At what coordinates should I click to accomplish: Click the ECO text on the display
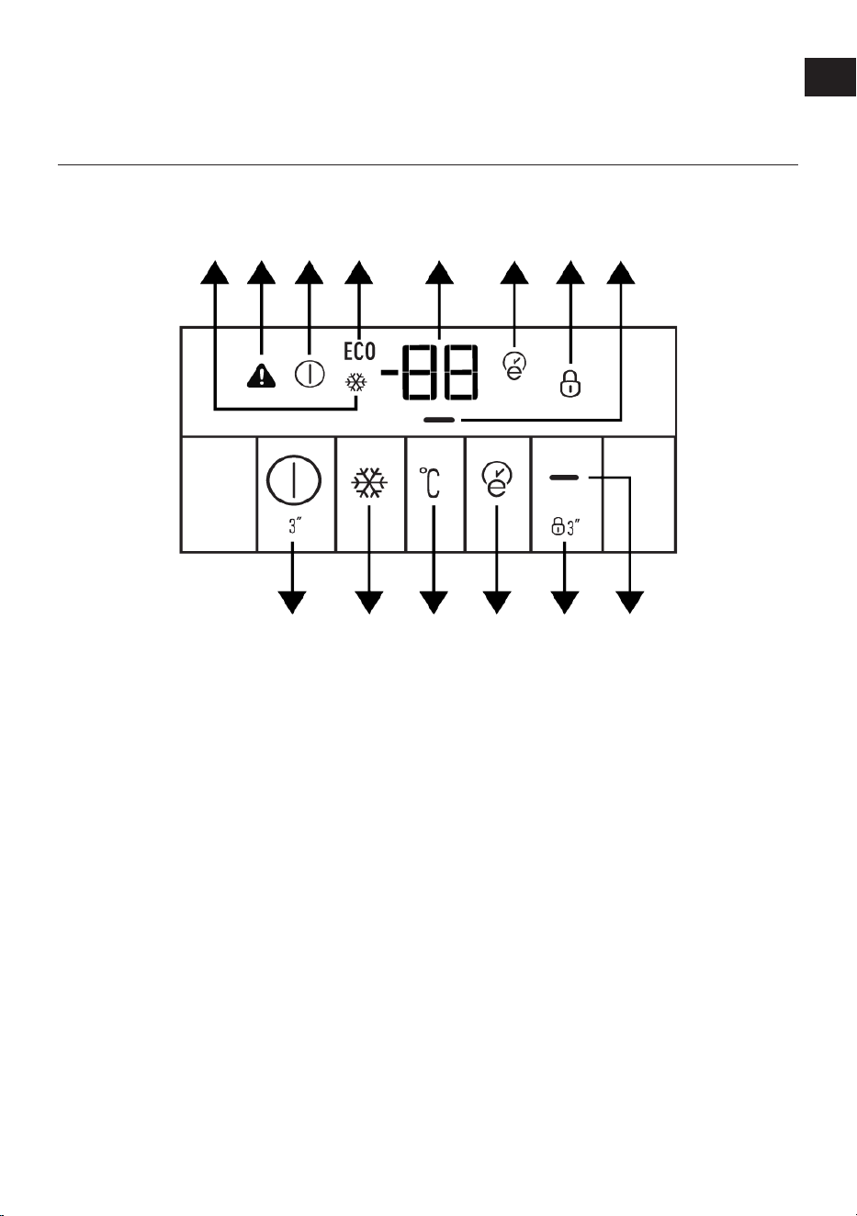click(x=359, y=351)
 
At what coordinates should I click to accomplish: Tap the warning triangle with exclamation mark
click(x=261, y=376)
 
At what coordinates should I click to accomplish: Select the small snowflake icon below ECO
click(x=356, y=383)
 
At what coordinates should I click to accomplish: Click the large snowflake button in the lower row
click(x=369, y=482)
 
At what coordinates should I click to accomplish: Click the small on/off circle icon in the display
click(x=310, y=374)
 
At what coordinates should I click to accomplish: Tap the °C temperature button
click(x=430, y=482)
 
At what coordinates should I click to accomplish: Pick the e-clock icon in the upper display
click(x=514, y=366)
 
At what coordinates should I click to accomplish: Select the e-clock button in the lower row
click(x=496, y=479)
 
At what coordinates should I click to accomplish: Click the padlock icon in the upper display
click(x=570, y=383)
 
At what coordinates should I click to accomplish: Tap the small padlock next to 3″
click(x=558, y=526)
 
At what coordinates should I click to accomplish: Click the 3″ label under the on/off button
click(x=295, y=526)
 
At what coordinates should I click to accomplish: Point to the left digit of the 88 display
click(x=421, y=372)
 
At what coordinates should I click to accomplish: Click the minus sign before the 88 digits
click(x=390, y=372)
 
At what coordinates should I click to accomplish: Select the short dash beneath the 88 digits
click(x=439, y=420)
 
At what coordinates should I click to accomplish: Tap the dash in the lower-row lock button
click(x=564, y=478)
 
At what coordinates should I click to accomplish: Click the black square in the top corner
click(x=829, y=76)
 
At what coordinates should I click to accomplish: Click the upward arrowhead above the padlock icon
click(x=570, y=273)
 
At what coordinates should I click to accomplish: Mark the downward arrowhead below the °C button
click(x=434, y=602)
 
